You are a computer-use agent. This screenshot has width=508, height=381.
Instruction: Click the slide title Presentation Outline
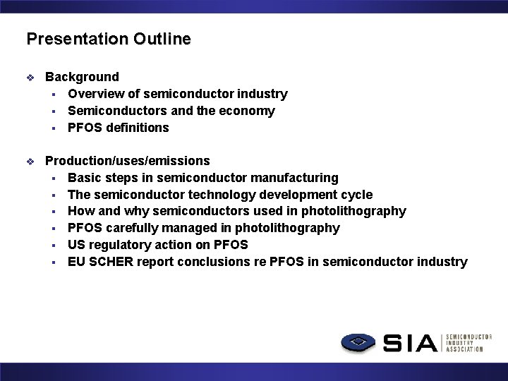click(109, 39)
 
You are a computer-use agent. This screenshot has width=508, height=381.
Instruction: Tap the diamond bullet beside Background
click(30, 78)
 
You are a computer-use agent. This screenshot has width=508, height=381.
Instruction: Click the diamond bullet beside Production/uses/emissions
click(30, 162)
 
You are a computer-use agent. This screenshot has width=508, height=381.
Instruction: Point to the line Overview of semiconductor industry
click(177, 94)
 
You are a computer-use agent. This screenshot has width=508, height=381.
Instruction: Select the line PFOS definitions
click(118, 128)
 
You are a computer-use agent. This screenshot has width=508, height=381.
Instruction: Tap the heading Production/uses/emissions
click(127, 161)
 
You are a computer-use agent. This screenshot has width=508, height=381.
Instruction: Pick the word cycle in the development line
click(358, 195)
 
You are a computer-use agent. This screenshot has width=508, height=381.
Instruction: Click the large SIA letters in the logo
click(411, 344)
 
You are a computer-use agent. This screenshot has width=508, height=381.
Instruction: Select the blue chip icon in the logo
click(360, 343)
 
